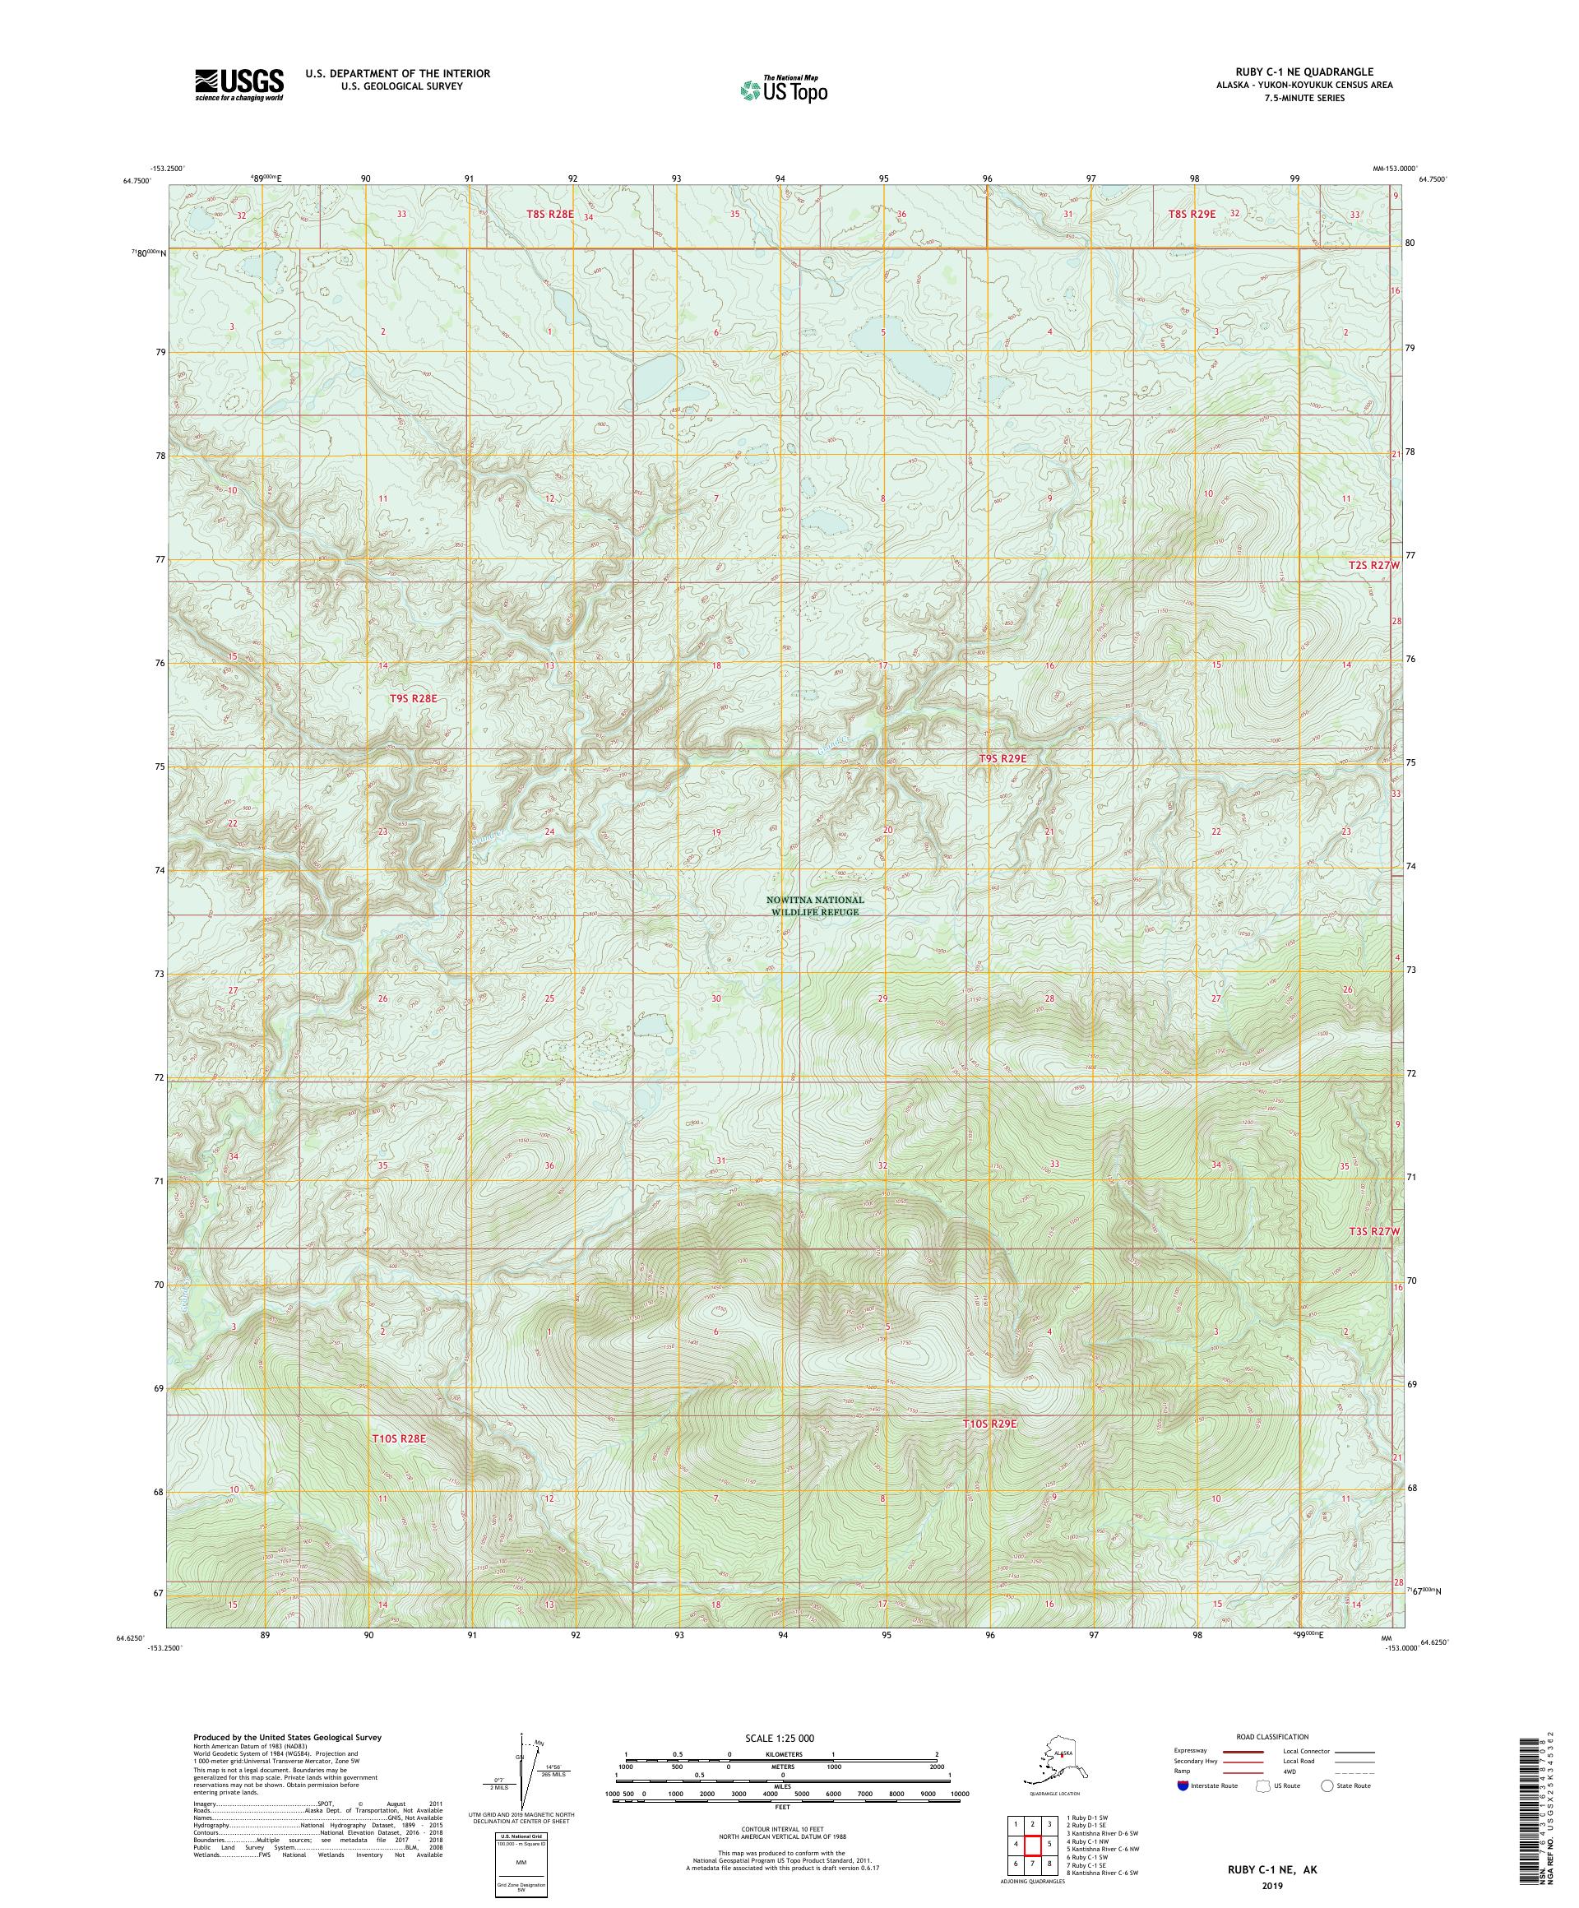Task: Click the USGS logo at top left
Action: tap(238, 86)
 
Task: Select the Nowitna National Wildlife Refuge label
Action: tap(814, 905)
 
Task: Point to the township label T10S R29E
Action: tap(989, 1449)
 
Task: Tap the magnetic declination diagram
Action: tap(521, 1781)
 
